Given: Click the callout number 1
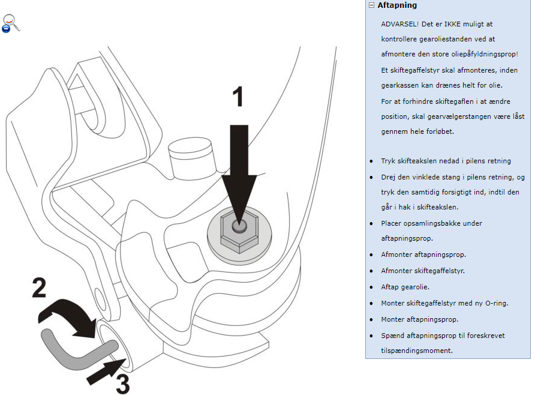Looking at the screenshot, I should (238, 97).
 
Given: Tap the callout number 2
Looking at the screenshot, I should (39, 289).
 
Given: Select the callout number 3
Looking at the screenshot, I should (123, 384).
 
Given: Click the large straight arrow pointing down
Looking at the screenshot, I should (239, 168).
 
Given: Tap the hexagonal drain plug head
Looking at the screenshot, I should (238, 231).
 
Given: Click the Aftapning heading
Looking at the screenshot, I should (397, 5).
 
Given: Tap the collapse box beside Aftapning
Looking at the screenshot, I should (372, 5).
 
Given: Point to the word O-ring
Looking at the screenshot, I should (495, 303).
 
